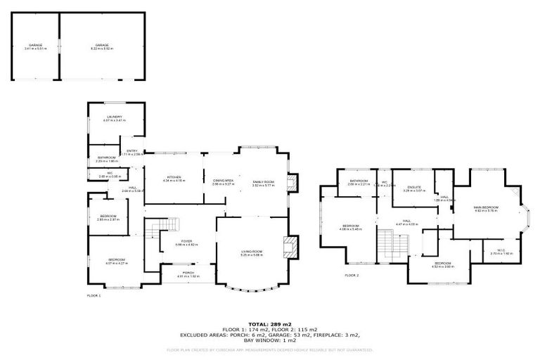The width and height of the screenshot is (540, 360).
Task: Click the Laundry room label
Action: (115, 117)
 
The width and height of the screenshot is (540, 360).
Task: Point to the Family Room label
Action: (264, 182)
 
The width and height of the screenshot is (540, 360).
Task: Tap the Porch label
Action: (188, 273)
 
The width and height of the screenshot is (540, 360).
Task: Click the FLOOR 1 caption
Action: (94, 296)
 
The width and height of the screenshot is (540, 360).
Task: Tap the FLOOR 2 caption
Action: (352, 275)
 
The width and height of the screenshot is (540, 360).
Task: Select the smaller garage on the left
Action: (35, 46)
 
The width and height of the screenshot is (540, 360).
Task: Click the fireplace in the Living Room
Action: (290, 247)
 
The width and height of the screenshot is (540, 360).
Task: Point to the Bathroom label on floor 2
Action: (359, 181)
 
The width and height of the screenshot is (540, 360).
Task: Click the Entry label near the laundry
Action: (131, 151)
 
